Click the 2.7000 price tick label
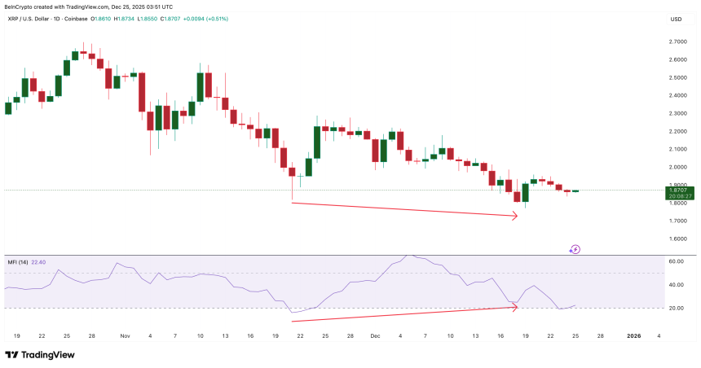pyautogui.click(x=677, y=42)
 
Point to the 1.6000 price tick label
pyautogui.click(x=677, y=239)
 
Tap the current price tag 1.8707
pyautogui.click(x=676, y=190)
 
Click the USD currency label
pyautogui.click(x=676, y=19)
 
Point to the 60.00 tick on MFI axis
pyautogui.click(x=675, y=262)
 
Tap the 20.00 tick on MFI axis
pyautogui.click(x=675, y=308)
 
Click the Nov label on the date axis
pyautogui.click(x=125, y=334)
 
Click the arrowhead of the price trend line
pyautogui.click(x=515, y=216)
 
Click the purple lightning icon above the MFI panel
pyautogui.click(x=575, y=249)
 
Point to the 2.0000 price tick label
pyautogui.click(x=677, y=167)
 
